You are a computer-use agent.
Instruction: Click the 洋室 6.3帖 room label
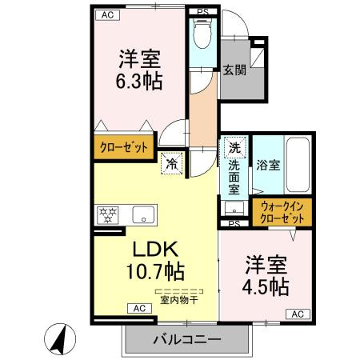pos(140,70)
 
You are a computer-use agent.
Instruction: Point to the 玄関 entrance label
pos(234,70)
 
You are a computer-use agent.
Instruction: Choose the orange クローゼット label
pos(123,148)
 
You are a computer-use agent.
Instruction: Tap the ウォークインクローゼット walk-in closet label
pos(283,212)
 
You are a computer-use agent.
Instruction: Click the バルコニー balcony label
pos(186,339)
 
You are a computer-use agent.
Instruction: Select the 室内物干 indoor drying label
pos(179,301)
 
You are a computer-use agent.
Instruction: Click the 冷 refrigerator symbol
pos(172,164)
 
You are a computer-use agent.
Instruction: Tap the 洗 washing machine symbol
pos(234,147)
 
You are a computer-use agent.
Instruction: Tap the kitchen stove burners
pos(107,214)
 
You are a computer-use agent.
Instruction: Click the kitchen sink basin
pos(144,214)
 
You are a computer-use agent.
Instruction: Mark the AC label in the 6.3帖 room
pos(106,15)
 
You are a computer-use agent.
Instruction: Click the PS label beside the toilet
pos(202,11)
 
